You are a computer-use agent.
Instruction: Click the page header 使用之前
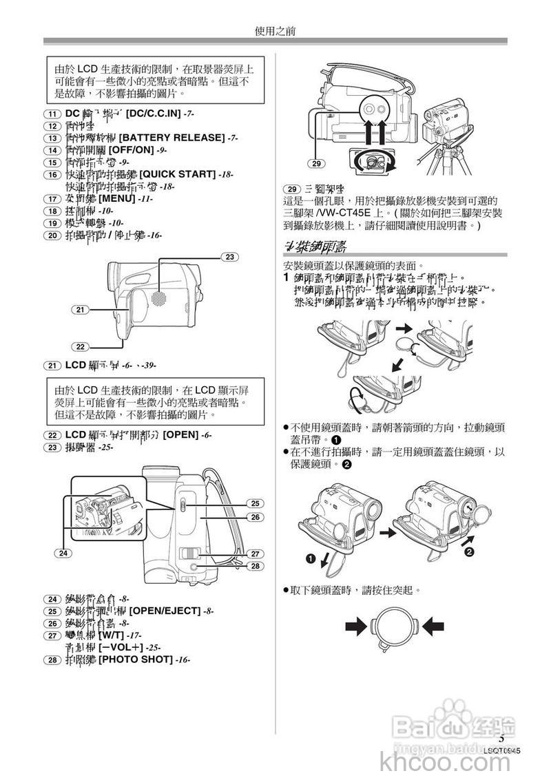275,31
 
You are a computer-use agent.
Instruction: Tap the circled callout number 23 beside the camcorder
229,257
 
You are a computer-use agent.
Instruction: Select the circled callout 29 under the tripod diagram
316,163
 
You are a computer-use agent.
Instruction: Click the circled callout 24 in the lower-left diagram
63,553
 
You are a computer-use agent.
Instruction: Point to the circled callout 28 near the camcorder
254,567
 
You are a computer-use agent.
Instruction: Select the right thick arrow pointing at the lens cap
434,626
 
